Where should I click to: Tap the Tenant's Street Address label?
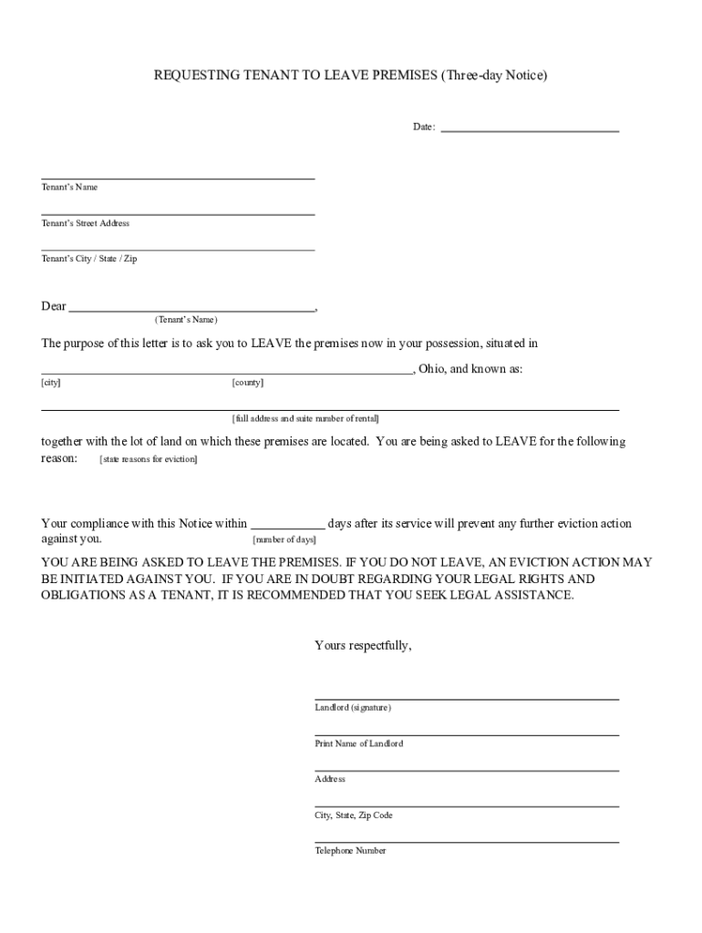(x=86, y=223)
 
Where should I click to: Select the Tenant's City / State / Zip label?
(x=89, y=259)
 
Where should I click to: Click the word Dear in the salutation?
(x=54, y=306)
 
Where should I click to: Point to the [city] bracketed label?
(x=51, y=383)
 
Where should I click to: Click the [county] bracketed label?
(x=248, y=383)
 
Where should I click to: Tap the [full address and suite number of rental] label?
(x=305, y=418)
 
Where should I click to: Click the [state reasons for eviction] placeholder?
(x=148, y=459)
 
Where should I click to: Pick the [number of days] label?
(x=284, y=539)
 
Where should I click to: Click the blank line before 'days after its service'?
(x=287, y=525)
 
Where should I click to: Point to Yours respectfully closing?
(x=363, y=645)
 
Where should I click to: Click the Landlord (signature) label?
(x=353, y=707)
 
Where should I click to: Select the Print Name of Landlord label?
(x=359, y=743)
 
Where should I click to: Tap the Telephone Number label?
(x=351, y=850)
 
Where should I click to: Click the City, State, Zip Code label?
(x=354, y=815)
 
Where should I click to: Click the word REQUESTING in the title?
(x=194, y=77)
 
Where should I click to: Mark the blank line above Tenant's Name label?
(x=178, y=178)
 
